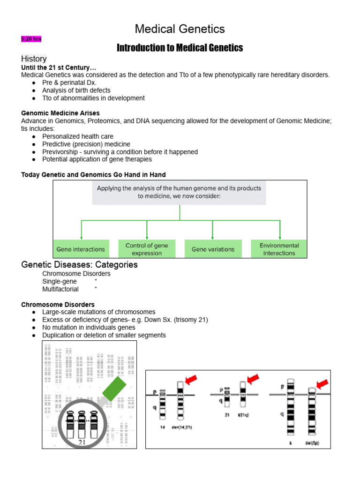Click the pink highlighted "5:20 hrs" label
point(31,39)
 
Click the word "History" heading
point(34,59)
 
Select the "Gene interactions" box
point(80,249)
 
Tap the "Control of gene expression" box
point(147,249)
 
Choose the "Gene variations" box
point(213,249)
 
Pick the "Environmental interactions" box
point(279,249)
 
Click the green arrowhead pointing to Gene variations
point(213,238)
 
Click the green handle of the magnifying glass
point(114,389)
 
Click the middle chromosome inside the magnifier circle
point(82,422)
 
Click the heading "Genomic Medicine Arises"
point(60,113)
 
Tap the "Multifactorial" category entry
point(60,289)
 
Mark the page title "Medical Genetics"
point(180,29)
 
